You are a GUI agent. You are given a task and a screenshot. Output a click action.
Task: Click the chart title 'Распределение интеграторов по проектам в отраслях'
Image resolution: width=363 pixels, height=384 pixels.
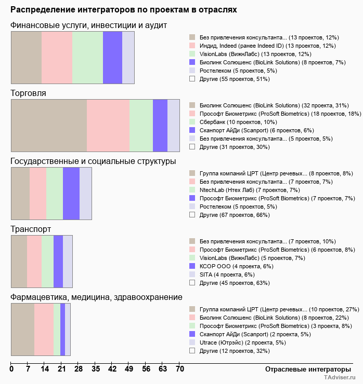(124, 10)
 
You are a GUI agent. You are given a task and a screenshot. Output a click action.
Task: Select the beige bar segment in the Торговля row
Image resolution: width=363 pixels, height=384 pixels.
(49, 125)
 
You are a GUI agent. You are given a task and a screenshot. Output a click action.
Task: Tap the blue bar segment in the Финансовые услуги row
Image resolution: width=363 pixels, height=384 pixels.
(112, 57)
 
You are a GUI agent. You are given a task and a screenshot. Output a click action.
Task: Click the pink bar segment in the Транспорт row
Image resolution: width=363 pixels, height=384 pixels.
(34, 261)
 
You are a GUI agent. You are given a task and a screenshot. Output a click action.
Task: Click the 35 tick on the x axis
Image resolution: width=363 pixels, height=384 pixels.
(96, 369)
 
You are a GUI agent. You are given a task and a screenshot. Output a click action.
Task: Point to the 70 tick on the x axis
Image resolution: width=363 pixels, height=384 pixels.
(179, 369)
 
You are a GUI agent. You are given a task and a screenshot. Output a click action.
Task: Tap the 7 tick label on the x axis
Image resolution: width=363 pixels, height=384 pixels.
(28, 369)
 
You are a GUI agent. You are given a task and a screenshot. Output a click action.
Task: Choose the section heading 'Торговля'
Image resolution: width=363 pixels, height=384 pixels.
(28, 93)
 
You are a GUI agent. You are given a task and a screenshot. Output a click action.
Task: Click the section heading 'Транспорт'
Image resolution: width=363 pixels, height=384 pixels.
(31, 229)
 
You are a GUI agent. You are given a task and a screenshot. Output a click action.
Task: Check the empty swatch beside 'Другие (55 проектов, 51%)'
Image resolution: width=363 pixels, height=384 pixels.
(192, 79)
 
